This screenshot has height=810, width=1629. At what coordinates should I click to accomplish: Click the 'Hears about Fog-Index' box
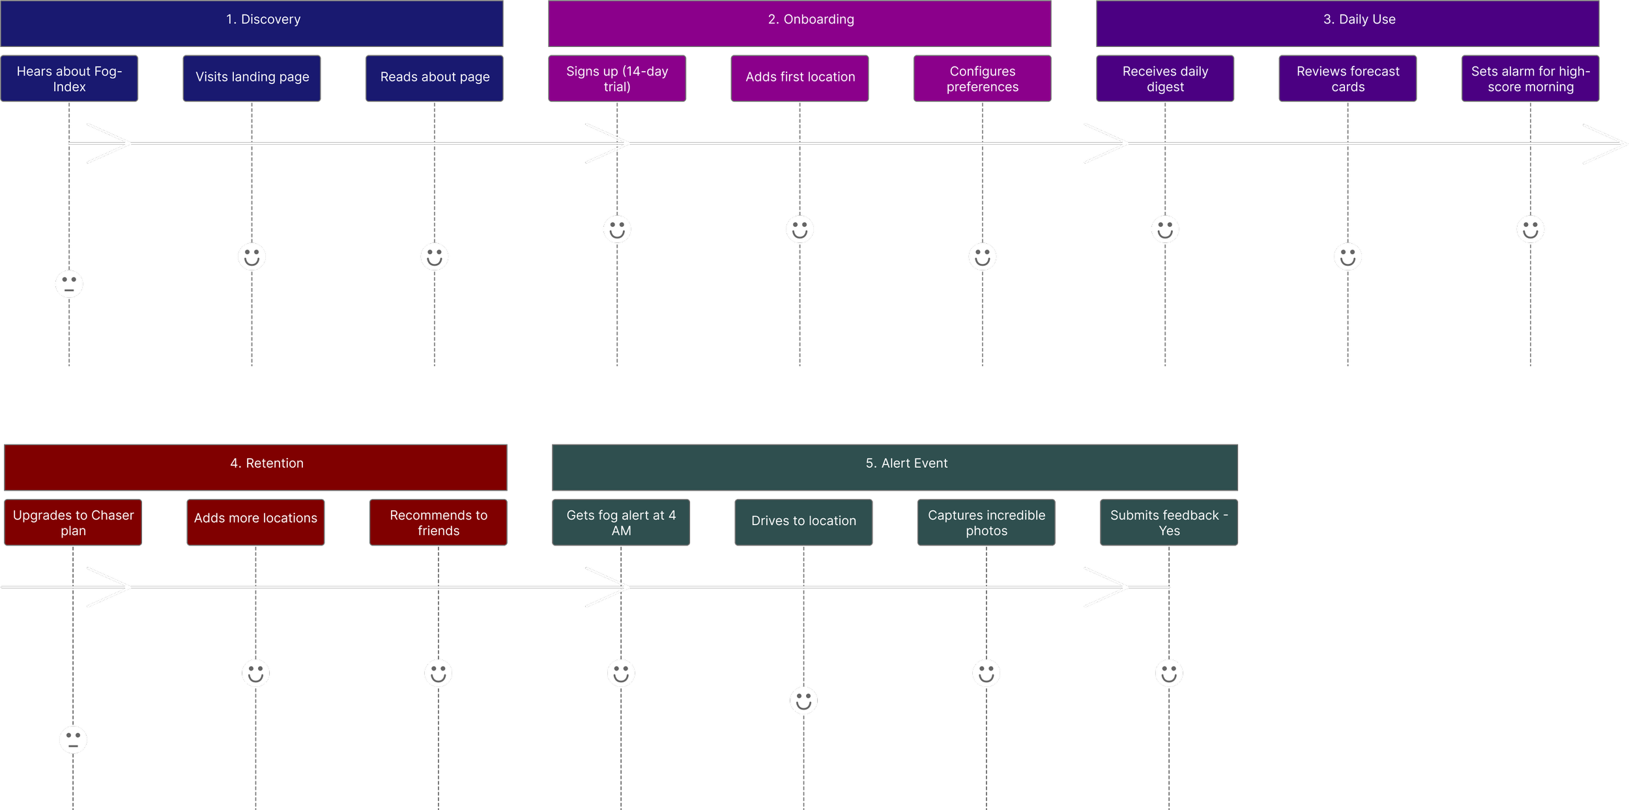pyautogui.click(x=69, y=78)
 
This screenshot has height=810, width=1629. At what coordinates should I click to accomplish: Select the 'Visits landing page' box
pyautogui.click(x=252, y=78)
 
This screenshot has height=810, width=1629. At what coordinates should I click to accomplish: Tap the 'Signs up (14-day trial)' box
pyautogui.click(x=617, y=78)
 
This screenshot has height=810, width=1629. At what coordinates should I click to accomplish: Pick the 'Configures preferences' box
pyautogui.click(x=982, y=78)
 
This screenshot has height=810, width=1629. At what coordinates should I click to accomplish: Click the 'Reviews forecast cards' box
pyautogui.click(x=1348, y=78)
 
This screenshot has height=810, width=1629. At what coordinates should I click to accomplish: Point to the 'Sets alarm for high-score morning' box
pyautogui.click(x=1530, y=78)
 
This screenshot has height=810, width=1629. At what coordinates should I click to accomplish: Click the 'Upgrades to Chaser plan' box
pyautogui.click(x=73, y=522)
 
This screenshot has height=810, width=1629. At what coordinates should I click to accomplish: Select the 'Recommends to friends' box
pyautogui.click(x=438, y=522)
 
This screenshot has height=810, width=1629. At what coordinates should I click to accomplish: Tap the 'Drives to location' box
pyautogui.click(x=803, y=522)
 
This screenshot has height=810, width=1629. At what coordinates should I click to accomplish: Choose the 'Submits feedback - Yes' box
pyautogui.click(x=1168, y=522)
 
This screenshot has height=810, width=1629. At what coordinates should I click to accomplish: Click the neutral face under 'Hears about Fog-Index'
pyautogui.click(x=69, y=284)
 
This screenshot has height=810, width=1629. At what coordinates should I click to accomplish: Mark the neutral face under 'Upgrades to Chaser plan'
pyautogui.click(x=73, y=740)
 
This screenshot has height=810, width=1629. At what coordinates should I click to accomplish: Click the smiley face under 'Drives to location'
pyautogui.click(x=803, y=701)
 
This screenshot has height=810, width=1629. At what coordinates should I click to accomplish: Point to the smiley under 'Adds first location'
pyautogui.click(x=800, y=229)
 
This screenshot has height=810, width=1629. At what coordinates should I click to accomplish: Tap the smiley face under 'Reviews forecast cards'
pyautogui.click(x=1348, y=257)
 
